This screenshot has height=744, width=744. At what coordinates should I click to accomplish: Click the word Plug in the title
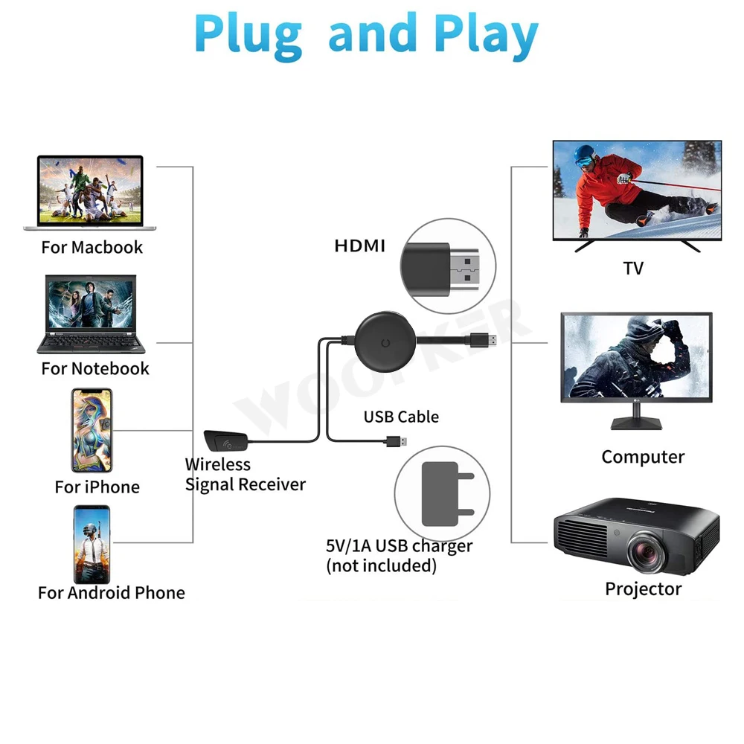[x=248, y=33]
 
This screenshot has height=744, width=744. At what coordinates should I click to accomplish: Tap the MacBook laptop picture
[x=92, y=192]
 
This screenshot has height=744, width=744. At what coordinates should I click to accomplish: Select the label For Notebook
[x=95, y=368]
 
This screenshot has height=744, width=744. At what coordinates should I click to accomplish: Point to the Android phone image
[x=91, y=544]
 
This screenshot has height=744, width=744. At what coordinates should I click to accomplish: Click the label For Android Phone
[x=112, y=593]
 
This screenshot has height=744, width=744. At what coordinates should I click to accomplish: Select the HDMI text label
[x=360, y=246]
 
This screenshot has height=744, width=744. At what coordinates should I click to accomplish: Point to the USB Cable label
[x=401, y=417]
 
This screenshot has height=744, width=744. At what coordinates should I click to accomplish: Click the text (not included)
[x=382, y=565]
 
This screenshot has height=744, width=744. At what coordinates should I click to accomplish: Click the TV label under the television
[x=633, y=269]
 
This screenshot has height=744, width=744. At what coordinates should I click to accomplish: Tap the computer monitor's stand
[x=636, y=421]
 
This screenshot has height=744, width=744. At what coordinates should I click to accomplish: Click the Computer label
[x=643, y=457]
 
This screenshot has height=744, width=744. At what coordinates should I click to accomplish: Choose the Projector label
[x=643, y=589]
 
